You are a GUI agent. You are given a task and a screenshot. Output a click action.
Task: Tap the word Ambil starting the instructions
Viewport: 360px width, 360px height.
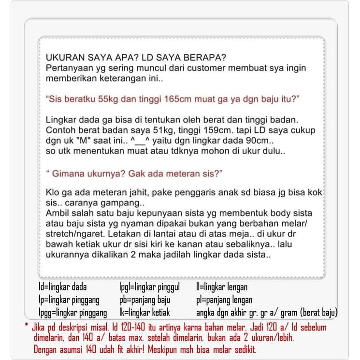click(57, 213)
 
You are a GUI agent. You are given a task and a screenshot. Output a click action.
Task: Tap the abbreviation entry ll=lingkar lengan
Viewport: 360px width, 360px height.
click(222, 287)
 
